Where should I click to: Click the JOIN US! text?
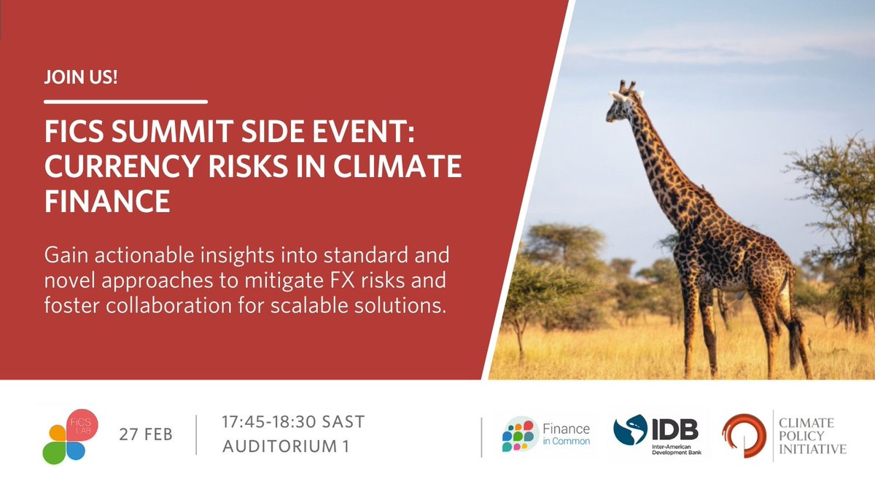point(81,77)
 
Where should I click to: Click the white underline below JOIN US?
point(125,102)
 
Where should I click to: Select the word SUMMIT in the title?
point(172,132)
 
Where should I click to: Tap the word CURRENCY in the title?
point(122,166)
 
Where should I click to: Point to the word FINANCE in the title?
point(107,201)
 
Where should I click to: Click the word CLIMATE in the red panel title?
point(397,166)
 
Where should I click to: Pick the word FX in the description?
point(343,281)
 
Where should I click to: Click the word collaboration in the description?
point(168,305)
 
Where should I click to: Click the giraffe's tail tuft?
point(796,343)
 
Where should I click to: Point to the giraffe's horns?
point(627,85)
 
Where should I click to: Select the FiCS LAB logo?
point(70,437)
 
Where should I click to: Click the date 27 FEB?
point(146,434)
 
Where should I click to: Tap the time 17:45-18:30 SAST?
point(293,422)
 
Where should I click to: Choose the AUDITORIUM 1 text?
point(286,446)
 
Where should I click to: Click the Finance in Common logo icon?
point(518,435)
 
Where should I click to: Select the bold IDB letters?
point(675,429)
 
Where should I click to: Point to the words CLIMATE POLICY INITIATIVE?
point(812,436)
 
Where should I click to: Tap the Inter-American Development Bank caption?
point(677,450)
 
